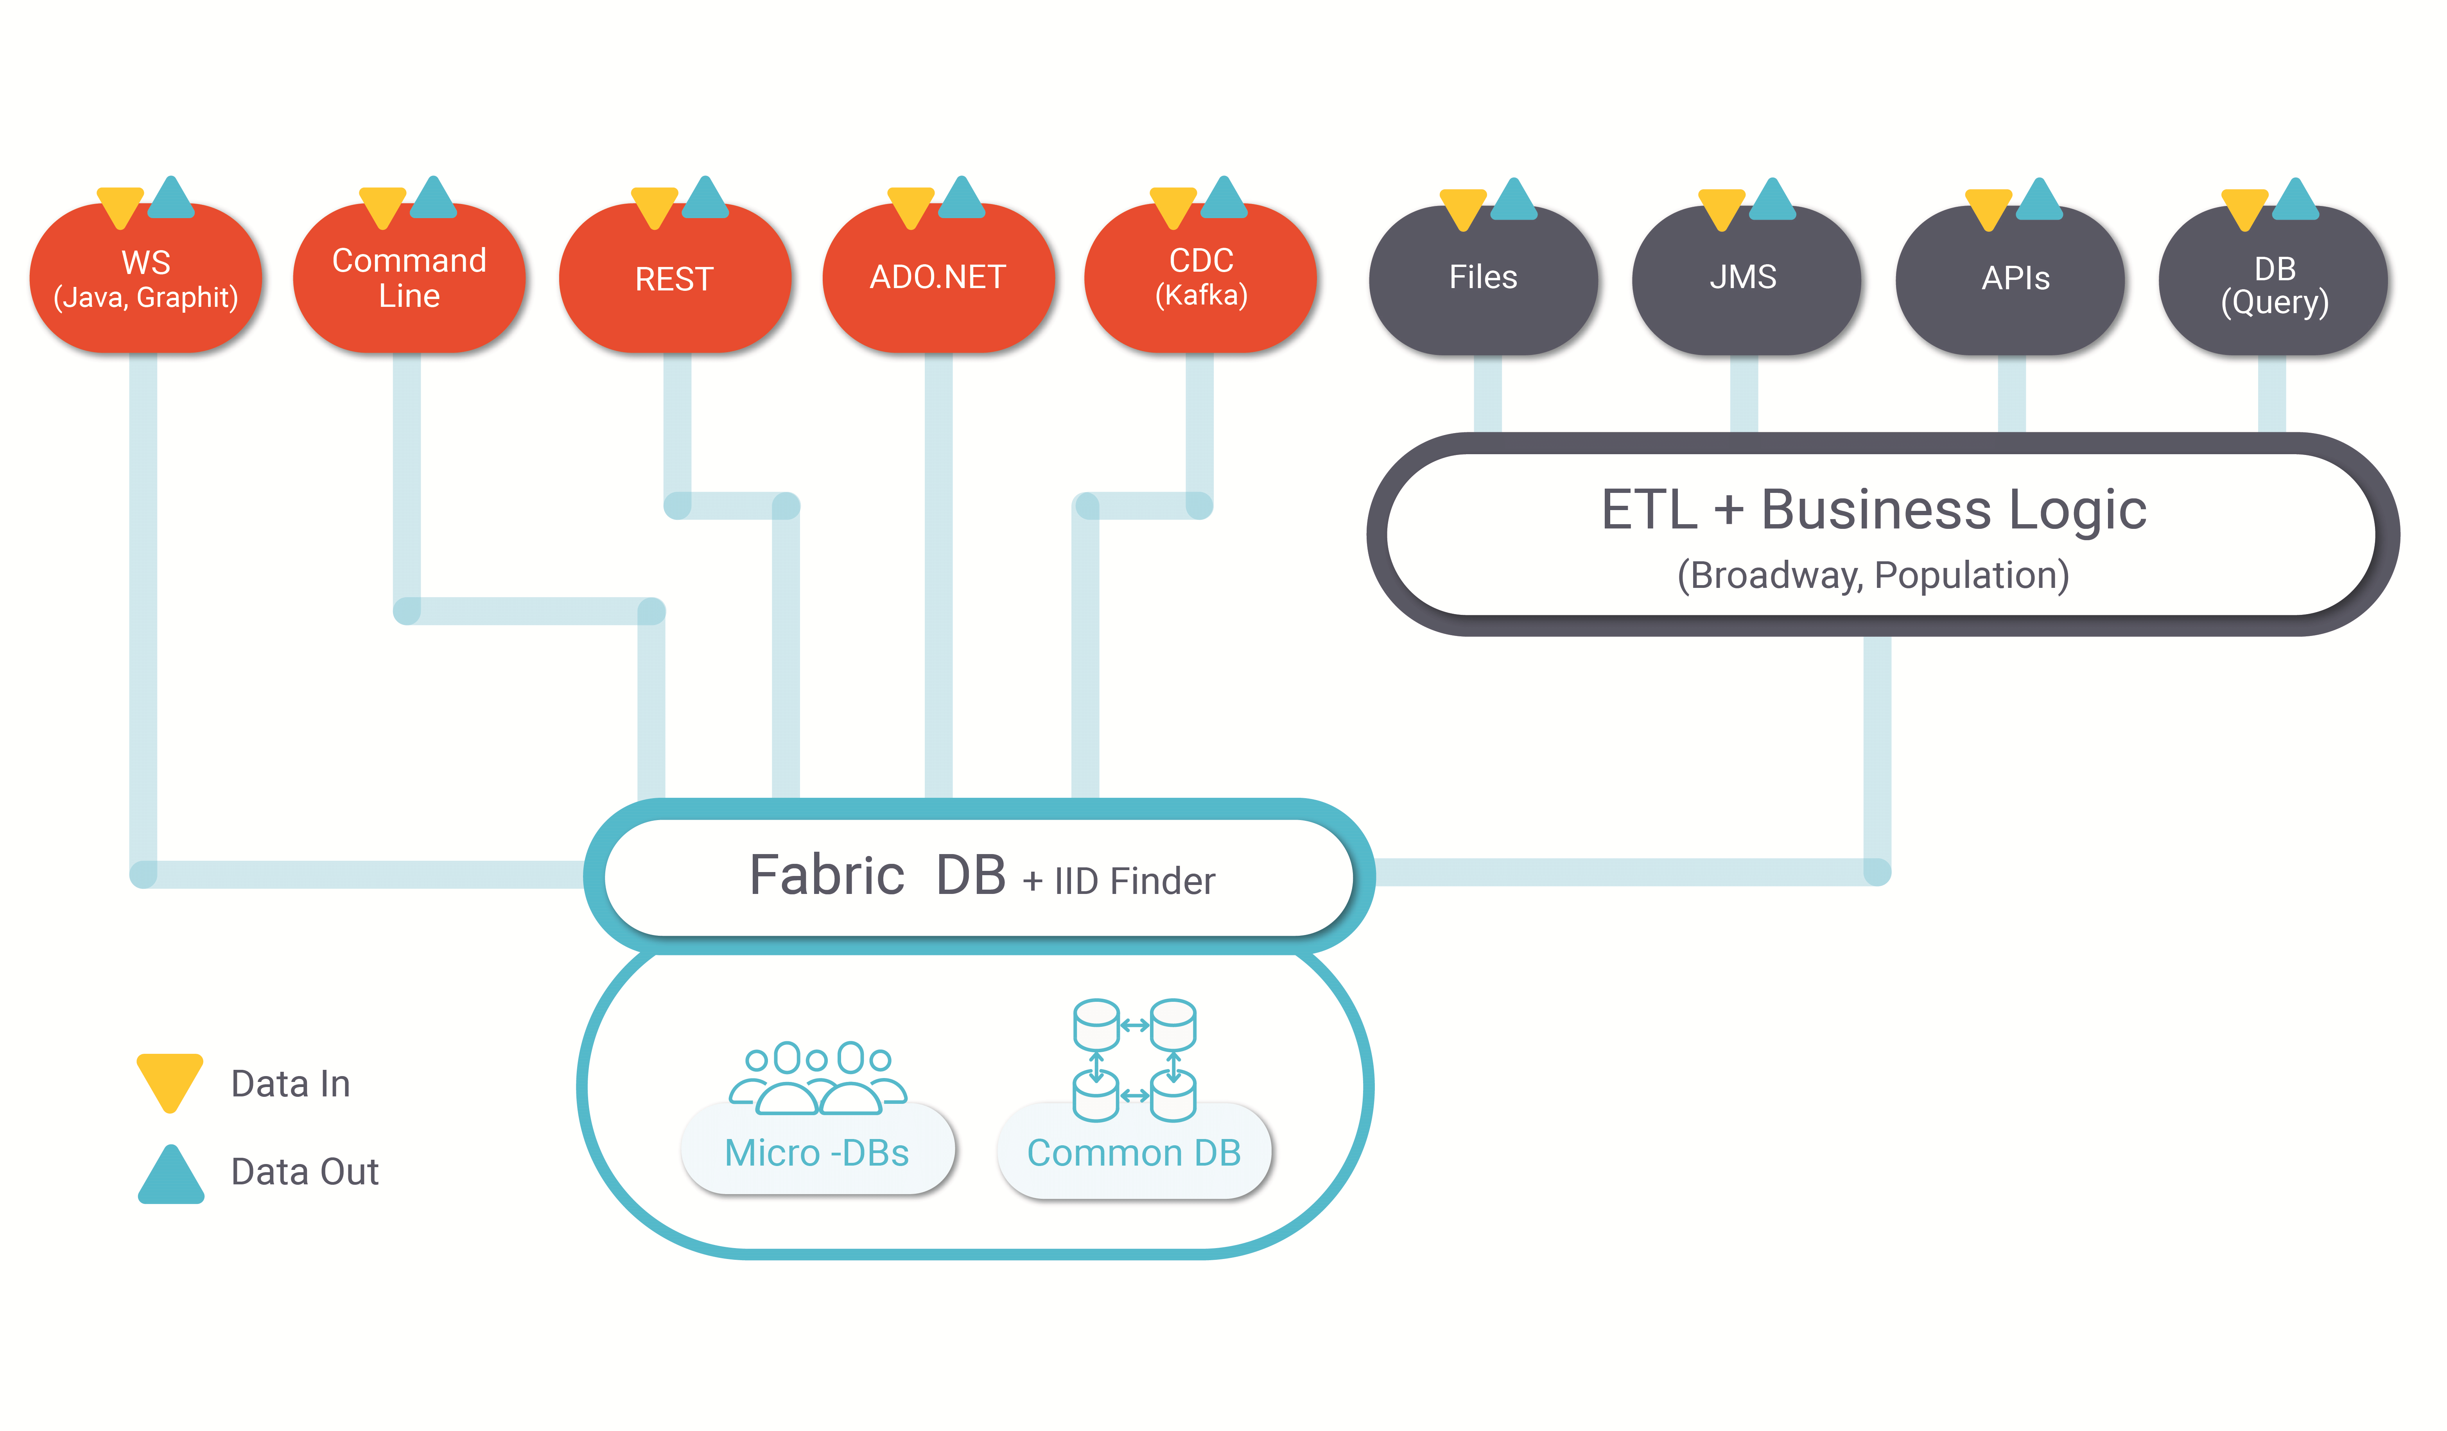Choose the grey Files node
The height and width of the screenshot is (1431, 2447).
(x=1483, y=279)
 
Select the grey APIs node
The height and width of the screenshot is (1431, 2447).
(x=2010, y=279)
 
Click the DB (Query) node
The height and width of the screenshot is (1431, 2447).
(x=2273, y=279)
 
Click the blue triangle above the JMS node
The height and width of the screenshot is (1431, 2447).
(x=1772, y=200)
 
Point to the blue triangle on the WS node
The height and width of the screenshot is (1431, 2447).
(x=172, y=198)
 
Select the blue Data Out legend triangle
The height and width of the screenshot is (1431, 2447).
(x=171, y=1177)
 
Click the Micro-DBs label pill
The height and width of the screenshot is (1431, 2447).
(x=818, y=1150)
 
